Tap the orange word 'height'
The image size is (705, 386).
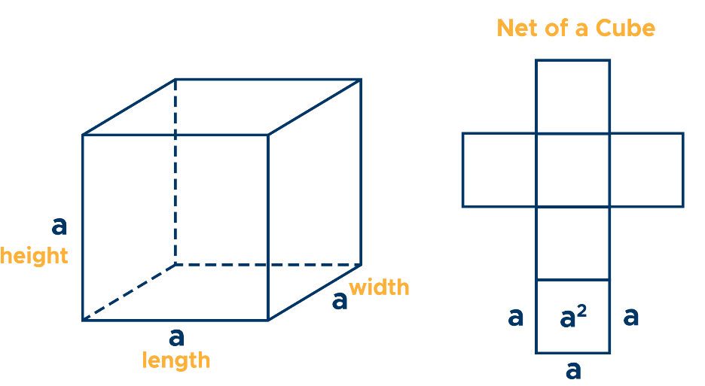pos(34,257)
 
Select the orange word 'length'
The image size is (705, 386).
pos(176,360)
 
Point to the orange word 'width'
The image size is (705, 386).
pos(379,287)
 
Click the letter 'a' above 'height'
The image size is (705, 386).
pos(59,225)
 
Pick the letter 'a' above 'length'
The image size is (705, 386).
pos(176,336)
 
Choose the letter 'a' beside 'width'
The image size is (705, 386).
pos(340,301)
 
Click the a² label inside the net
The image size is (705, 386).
pos(573,318)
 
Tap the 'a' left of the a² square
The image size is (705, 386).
pos(515,317)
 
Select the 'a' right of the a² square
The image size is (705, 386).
pos(631,317)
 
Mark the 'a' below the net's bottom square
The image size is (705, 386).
pos(573,369)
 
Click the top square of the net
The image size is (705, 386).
pos(572,96)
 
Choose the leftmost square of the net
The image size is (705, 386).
pos(499,169)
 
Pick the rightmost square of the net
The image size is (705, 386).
pos(646,169)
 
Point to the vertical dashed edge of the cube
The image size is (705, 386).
pos(175,173)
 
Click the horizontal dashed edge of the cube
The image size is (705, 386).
pos(267,265)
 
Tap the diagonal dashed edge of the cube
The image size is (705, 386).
pos(129,293)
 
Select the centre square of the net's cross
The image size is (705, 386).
pos(572,169)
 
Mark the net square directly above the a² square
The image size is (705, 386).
pos(572,242)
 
